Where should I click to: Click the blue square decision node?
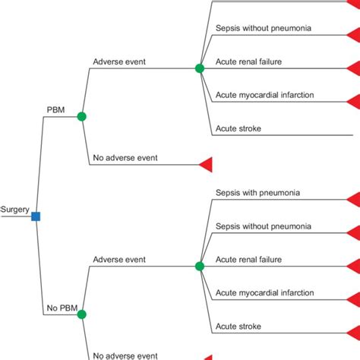[36, 216]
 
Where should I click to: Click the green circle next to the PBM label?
[82, 116]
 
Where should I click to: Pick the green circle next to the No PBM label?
[82, 314]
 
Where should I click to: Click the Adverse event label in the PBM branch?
[118, 62]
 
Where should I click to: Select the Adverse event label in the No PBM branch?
[118, 259]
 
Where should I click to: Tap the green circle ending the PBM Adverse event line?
[200, 68]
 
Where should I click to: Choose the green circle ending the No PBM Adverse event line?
[200, 266]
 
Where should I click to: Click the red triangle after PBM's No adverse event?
[205, 164]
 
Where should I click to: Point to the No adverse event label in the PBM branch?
[125, 158]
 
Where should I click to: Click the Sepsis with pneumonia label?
[257, 193]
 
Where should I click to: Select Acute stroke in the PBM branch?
[238, 128]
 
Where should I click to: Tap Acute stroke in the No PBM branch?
[238, 326]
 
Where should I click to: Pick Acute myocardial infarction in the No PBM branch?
[264, 292]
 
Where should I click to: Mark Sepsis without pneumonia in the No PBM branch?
[264, 226]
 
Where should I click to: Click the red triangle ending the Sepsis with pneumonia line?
[353, 200]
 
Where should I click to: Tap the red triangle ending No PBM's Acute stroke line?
[353, 333]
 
